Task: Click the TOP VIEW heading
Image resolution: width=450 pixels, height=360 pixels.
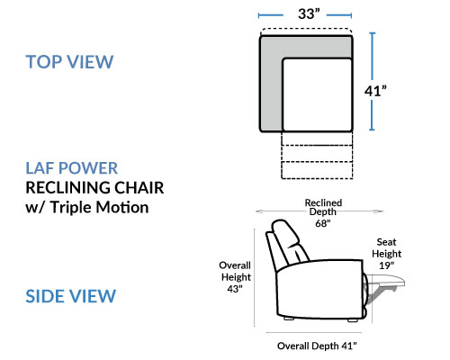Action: pos(69,62)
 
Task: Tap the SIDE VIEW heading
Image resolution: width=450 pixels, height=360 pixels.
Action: pos(70,296)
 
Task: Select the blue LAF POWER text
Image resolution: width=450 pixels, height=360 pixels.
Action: pos(71,168)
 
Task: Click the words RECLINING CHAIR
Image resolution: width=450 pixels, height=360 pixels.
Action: pos(94,188)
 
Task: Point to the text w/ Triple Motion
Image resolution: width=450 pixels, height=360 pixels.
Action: pos(87,207)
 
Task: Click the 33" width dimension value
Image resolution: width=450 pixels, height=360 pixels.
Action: pos(309,13)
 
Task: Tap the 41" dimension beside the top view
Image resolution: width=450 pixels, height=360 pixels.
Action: pos(375,91)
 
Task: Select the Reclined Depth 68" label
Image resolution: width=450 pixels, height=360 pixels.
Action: pos(323,212)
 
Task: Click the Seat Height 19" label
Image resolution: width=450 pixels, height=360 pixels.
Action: pos(386,254)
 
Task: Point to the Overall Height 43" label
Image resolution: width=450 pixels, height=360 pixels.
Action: pos(235,277)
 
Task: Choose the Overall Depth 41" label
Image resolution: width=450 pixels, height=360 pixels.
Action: pos(317,346)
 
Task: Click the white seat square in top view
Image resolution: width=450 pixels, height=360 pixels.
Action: pos(317,94)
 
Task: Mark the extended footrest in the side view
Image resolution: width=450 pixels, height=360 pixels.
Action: pos(385,282)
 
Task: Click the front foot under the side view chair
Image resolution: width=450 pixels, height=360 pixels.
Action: pos(353,320)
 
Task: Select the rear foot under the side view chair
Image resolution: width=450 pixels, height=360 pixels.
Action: pos(289,319)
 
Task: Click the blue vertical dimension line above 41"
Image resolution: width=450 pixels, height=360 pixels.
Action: pos(373,56)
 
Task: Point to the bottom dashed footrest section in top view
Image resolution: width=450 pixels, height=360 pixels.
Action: pos(317,170)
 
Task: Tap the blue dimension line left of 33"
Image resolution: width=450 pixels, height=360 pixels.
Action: pos(271,15)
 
